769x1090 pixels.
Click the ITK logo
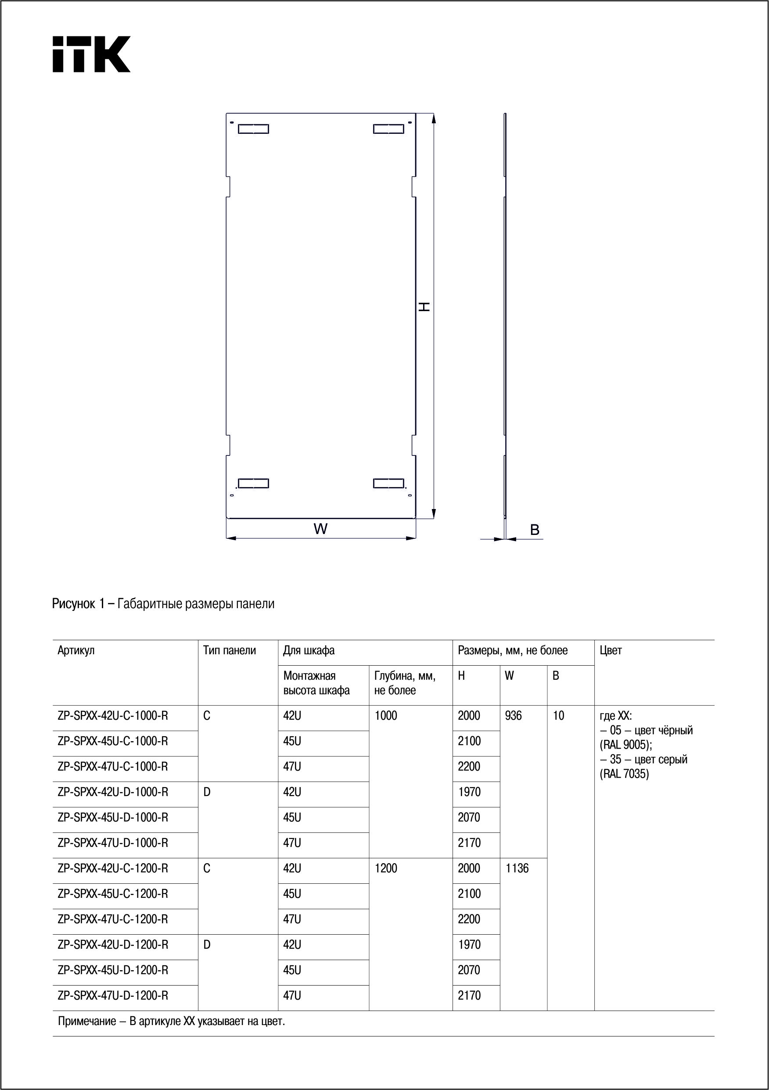click(x=91, y=54)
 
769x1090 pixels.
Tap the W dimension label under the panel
click(x=320, y=528)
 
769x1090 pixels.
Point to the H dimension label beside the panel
click(x=424, y=306)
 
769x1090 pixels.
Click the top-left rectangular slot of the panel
click(x=253, y=129)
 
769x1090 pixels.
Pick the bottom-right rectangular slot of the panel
click(x=388, y=483)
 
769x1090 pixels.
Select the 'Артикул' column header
click(x=76, y=650)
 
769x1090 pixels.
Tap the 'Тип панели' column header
click(x=230, y=650)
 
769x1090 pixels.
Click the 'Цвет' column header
click(x=611, y=650)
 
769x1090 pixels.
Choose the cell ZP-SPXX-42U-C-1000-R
click(x=112, y=716)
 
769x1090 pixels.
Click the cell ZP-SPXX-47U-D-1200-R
click(x=112, y=996)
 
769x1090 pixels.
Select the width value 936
click(x=513, y=716)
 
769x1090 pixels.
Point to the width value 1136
click(x=517, y=868)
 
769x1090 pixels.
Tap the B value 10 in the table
click(x=558, y=716)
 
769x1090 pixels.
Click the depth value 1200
click(x=386, y=868)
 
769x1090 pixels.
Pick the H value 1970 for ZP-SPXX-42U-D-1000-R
click(x=469, y=792)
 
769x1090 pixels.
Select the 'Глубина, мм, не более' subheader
click(x=405, y=683)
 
